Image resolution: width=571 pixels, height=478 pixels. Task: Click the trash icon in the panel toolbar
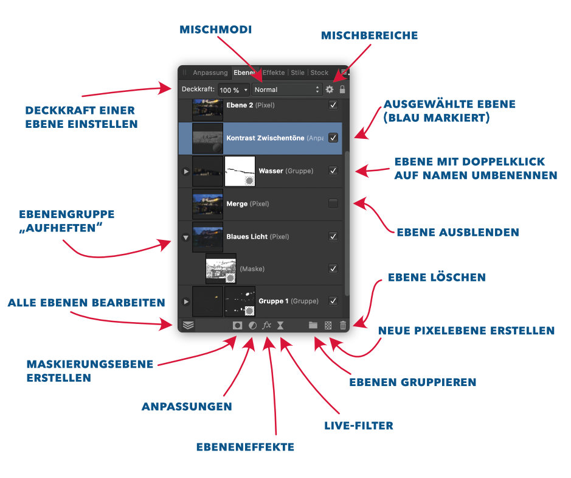343,325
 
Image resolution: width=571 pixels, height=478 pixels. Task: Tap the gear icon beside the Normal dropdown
330,90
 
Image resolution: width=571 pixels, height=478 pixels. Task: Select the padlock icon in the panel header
342,90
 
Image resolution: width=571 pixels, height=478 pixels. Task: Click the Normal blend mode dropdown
287,90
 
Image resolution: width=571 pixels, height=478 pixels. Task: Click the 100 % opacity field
234,90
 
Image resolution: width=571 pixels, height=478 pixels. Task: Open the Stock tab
319,72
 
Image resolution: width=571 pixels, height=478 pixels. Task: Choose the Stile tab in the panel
297,72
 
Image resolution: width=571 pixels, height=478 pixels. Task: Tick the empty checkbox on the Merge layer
333,203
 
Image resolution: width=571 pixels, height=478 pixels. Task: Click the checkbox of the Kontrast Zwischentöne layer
333,138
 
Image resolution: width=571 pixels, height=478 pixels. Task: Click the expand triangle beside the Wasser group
186,171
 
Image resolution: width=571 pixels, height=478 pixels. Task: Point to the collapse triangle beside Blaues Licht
186,237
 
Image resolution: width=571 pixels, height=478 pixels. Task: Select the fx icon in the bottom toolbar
266,325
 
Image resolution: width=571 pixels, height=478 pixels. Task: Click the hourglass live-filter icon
280,325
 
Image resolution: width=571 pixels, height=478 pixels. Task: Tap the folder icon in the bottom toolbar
313,325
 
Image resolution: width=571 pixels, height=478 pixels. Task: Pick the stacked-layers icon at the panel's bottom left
188,325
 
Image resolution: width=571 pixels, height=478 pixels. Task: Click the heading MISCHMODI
216,29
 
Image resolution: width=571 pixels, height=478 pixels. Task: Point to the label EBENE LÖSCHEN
437,278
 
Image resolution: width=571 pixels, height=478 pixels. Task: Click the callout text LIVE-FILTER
359,426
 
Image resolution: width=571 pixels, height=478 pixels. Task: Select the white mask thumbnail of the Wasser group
240,171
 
